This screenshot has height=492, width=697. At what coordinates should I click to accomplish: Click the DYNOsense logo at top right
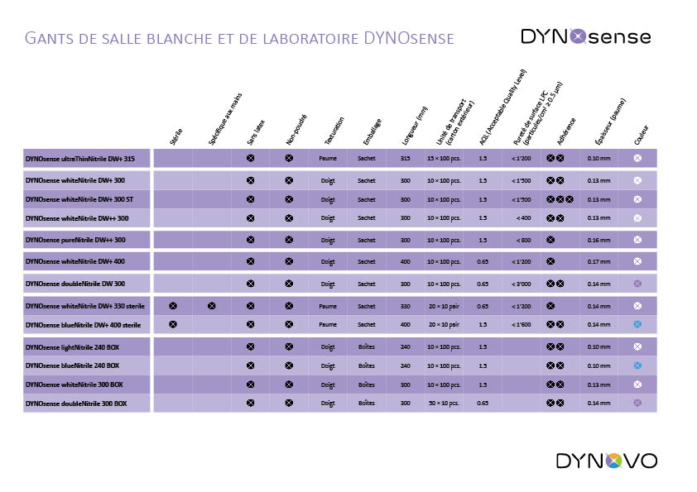click(x=585, y=36)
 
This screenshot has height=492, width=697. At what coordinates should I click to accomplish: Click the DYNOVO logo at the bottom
click(x=606, y=461)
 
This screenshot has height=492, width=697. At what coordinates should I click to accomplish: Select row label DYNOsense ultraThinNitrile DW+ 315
click(x=80, y=157)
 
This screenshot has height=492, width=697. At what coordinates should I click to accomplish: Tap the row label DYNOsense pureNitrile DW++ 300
click(x=75, y=240)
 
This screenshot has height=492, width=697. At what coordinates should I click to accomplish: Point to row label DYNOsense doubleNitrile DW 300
click(x=75, y=284)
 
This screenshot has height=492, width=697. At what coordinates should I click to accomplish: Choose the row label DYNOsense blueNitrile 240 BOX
click(x=73, y=365)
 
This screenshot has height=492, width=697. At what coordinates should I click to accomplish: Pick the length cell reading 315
click(x=406, y=157)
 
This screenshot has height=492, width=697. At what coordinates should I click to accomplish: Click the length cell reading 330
click(x=406, y=306)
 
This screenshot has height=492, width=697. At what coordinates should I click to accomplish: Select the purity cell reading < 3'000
click(x=521, y=284)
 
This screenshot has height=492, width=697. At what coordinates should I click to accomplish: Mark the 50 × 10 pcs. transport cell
click(x=444, y=404)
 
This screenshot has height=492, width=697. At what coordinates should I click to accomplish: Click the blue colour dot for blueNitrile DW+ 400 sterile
click(x=637, y=325)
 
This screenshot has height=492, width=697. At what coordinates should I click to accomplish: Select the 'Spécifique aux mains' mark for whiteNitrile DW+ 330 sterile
click(x=212, y=306)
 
